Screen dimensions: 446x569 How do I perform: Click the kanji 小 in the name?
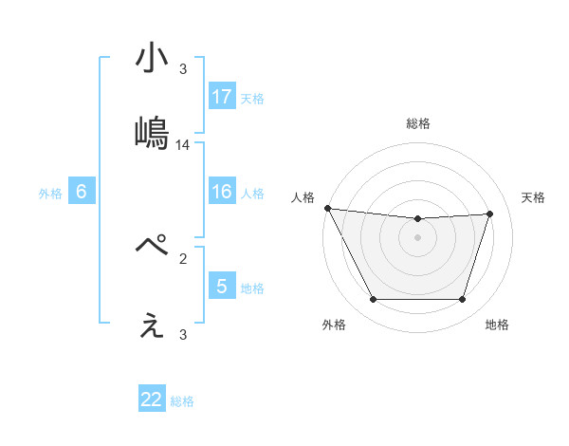click(151, 59)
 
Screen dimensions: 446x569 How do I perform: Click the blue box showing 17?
click(221, 97)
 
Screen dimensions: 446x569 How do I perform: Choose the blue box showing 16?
click(221, 192)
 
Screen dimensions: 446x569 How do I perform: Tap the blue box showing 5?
click(221, 287)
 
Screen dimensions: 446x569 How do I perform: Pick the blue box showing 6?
click(82, 192)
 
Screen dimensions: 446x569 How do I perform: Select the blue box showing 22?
click(152, 400)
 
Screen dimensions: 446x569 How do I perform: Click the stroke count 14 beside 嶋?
click(183, 145)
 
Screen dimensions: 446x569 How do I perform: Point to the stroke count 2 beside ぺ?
click(183, 257)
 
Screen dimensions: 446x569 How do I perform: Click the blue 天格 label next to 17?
click(251, 98)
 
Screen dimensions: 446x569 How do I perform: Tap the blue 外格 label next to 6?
click(50, 193)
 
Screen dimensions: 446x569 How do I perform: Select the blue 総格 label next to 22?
click(182, 400)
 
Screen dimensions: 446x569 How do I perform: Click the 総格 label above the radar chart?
click(418, 123)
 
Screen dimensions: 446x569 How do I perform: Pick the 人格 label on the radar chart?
click(303, 197)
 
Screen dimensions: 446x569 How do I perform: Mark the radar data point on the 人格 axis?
click(327, 208)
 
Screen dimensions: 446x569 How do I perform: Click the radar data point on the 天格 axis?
click(490, 214)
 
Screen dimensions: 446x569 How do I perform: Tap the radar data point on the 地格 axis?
click(462, 300)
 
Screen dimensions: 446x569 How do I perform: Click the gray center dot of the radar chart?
click(418, 236)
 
